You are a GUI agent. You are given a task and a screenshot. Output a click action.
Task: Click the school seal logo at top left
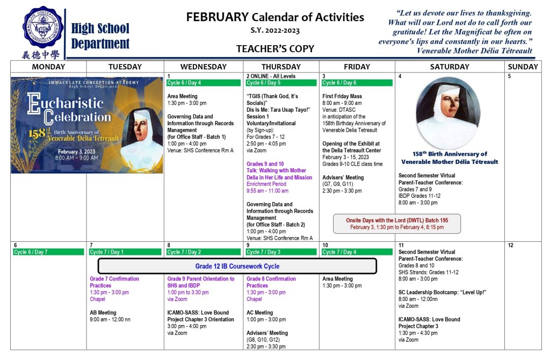pos(42,27)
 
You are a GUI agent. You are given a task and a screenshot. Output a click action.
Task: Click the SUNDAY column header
pos(522,67)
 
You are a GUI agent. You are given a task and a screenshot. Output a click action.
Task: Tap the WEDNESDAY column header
pos(203,67)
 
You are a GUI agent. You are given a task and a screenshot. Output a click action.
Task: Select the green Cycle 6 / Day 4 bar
pos(202,83)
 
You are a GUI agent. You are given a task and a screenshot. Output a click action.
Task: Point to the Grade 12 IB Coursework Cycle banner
pos(237,266)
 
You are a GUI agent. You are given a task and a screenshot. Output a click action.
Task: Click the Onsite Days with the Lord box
pos(396,224)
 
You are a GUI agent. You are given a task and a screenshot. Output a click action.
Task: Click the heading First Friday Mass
pos(342,96)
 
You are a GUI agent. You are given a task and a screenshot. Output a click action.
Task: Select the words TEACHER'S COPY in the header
pos(275,49)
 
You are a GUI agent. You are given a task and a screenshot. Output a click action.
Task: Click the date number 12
pos(510,245)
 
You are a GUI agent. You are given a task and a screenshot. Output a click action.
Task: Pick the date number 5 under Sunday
pos(509,76)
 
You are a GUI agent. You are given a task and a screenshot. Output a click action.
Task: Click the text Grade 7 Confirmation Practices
pos(114,282)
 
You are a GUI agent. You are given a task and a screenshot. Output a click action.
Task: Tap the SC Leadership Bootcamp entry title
pos(442,292)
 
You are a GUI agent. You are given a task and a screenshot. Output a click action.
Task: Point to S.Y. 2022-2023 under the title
pos(275,31)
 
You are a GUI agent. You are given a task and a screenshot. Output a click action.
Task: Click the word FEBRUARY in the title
pos(218,17)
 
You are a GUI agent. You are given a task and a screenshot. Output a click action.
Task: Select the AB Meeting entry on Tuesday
pos(103,313)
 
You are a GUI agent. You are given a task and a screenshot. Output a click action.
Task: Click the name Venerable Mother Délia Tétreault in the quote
pos(474,51)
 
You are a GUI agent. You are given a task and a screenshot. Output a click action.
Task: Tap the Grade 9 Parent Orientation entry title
pos(201,282)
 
